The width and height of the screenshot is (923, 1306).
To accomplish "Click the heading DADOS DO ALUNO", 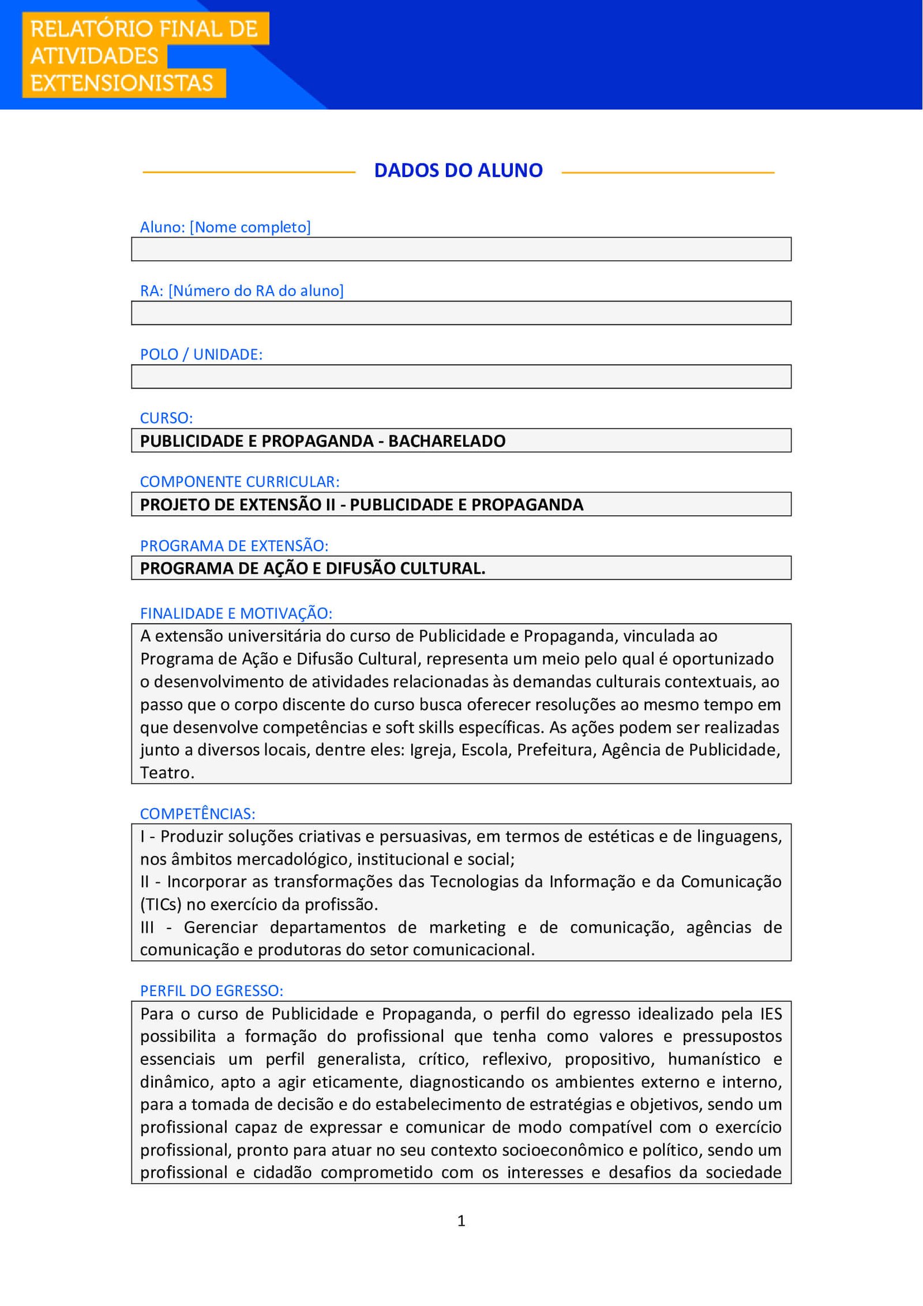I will pyautogui.click(x=458, y=170).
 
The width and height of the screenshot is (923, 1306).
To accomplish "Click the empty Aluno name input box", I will pyautogui.click(x=461, y=249).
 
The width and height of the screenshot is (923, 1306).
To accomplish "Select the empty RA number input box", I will pyautogui.click(x=461, y=313).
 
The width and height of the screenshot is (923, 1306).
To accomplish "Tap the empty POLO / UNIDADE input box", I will pyautogui.click(x=461, y=376).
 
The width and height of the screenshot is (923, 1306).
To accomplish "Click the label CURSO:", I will pyautogui.click(x=166, y=418).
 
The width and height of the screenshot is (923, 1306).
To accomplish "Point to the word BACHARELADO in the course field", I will pyautogui.click(x=447, y=441).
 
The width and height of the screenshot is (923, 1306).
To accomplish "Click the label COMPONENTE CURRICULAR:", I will pyautogui.click(x=239, y=481).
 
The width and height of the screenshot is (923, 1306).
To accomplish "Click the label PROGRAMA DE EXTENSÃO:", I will pyautogui.click(x=234, y=545).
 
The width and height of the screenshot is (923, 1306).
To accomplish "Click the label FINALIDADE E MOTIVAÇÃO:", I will pyautogui.click(x=236, y=613).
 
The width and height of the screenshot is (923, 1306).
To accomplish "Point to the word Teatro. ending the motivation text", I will pyautogui.click(x=167, y=773).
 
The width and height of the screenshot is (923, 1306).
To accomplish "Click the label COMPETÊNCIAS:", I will pyautogui.click(x=197, y=814).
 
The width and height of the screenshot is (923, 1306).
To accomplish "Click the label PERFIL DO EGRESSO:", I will pyautogui.click(x=211, y=991).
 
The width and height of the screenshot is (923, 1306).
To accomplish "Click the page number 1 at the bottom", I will pyautogui.click(x=461, y=1221).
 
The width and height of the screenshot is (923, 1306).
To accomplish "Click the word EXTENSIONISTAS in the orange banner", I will pyautogui.click(x=122, y=83).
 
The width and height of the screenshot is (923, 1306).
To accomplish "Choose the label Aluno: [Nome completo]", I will pyautogui.click(x=225, y=227).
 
